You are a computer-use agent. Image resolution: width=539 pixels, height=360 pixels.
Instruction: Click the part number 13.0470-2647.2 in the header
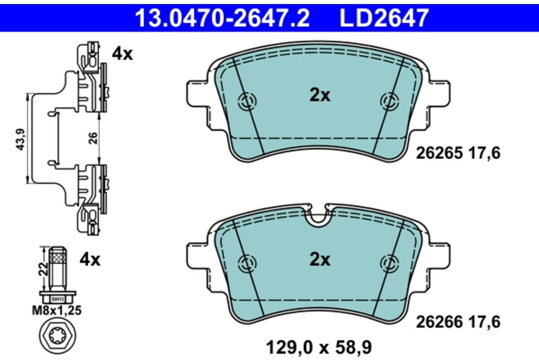click(x=222, y=18)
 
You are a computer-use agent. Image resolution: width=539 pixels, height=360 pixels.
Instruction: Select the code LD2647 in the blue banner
click(x=384, y=18)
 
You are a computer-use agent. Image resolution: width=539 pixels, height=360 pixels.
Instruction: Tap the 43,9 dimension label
click(x=21, y=140)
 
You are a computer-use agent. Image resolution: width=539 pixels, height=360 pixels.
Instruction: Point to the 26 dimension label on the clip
click(x=93, y=138)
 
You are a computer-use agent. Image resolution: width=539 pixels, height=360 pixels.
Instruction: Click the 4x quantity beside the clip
click(x=122, y=54)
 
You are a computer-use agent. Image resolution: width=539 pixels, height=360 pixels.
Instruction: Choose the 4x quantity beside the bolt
click(x=90, y=260)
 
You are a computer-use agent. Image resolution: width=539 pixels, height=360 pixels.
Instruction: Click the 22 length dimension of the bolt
click(x=43, y=269)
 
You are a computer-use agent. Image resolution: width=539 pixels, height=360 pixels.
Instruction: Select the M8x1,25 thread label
click(x=57, y=311)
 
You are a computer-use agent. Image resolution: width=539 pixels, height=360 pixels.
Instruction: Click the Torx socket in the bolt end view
click(x=57, y=335)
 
